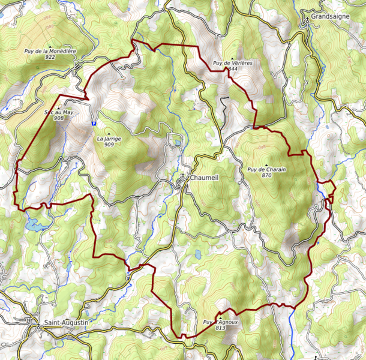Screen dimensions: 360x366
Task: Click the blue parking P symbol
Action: coord(94,123)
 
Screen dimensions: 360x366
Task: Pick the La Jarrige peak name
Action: coord(109,139)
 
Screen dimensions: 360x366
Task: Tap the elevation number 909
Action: coord(109,145)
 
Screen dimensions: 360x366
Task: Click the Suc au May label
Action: coord(59,112)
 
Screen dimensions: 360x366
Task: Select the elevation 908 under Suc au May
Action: coord(59,118)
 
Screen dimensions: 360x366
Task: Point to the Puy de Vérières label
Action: coord(232,63)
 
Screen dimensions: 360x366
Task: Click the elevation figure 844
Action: coord(233,69)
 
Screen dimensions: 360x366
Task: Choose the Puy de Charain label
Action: coord(267,170)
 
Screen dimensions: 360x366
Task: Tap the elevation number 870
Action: coord(267,176)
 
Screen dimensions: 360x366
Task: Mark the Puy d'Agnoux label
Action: coord(221,322)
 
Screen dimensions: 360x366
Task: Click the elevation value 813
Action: coord(220,328)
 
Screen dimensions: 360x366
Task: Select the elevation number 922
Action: coord(50,58)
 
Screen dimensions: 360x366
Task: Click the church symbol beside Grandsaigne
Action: coord(307,20)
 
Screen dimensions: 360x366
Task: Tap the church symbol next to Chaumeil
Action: coord(185,178)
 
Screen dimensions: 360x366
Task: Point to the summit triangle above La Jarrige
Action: coord(109,133)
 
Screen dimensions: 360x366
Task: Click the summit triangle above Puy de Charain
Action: coord(267,164)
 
